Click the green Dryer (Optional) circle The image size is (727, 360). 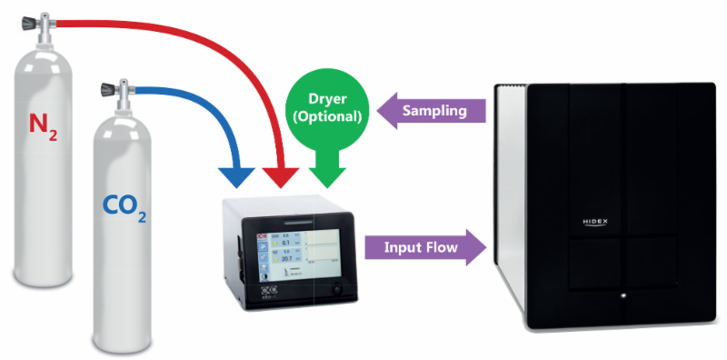pyautogui.click(x=325, y=107)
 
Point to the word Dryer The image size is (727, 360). pyautogui.click(x=325, y=99)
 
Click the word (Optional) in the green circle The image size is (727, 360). pyautogui.click(x=325, y=117)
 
